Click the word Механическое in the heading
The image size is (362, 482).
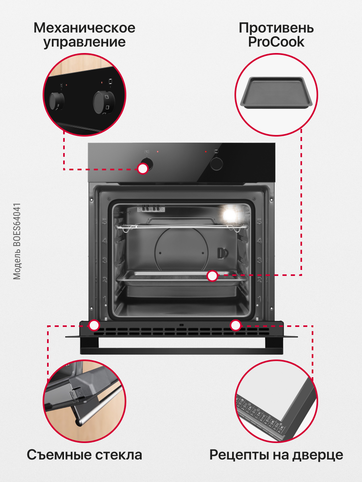point(84,29)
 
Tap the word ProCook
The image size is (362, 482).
point(276,42)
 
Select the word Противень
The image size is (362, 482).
point(276,28)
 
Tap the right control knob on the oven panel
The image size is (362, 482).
point(217,163)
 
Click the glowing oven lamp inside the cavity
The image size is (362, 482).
point(230,213)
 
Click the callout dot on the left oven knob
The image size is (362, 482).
point(143,169)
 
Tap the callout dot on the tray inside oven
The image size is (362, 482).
point(212,276)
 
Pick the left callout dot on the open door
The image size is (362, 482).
point(95,325)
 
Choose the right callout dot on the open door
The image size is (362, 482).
point(235,325)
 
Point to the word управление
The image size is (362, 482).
point(84,42)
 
